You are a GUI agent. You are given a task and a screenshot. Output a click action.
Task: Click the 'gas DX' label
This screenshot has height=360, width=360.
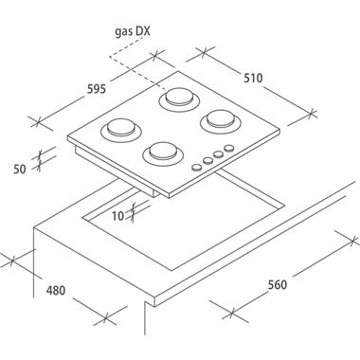(x=133, y=32)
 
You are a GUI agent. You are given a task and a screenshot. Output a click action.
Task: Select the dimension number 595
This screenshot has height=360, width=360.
(x=97, y=89)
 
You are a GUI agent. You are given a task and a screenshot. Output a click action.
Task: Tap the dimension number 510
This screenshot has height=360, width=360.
(x=253, y=78)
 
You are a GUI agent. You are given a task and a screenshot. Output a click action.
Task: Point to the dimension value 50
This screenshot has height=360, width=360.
(x=20, y=170)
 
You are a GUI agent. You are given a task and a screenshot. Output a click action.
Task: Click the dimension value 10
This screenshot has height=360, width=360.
(x=118, y=216)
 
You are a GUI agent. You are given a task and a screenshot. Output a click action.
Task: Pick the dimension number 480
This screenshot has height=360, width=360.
(x=56, y=291)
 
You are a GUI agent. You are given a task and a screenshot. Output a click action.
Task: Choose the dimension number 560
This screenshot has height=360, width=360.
(x=278, y=285)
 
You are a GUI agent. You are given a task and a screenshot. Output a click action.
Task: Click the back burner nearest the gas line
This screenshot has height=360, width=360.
(x=179, y=99)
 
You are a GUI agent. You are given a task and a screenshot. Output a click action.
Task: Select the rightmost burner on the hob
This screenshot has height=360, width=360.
(x=221, y=121)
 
